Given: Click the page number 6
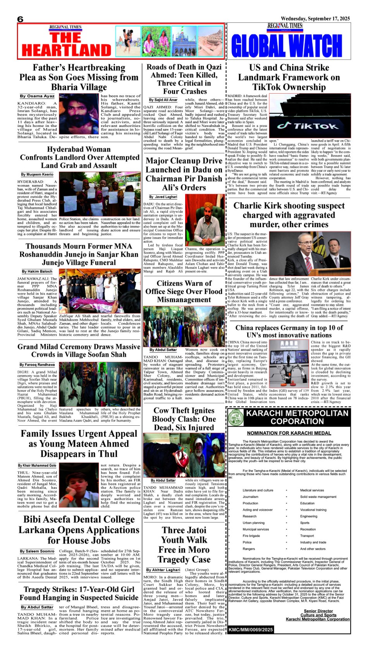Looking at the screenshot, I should coord(20,19).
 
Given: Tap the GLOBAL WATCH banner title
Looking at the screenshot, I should coord(287,46).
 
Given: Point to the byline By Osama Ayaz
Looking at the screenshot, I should coord(37,96).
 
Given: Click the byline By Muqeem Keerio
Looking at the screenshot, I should coord(37,175).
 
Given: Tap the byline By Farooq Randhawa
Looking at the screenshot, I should coord(37,365).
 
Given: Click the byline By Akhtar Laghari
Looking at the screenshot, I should coord(163,570).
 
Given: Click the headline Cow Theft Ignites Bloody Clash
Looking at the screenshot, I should coord(184,419).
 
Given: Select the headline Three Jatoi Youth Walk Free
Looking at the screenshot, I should coord(184,545).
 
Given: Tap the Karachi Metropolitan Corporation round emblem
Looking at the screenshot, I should coord(235,418).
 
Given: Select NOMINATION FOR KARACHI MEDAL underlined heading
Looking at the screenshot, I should coord(289,433).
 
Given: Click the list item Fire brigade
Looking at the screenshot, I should coord(251,536).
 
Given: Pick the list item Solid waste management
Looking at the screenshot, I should coord(318,497).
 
